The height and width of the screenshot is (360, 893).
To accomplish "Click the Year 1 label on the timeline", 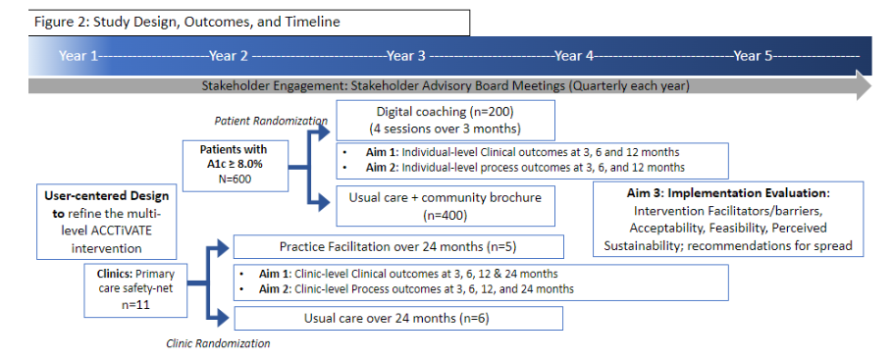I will (79, 56).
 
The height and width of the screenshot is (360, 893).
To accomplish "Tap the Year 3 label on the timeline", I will (406, 56).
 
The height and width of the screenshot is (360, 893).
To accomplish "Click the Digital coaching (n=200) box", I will (445, 120).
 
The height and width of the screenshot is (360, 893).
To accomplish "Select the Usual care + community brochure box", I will (445, 204).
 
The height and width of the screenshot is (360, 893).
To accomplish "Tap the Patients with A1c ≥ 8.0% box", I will (233, 162).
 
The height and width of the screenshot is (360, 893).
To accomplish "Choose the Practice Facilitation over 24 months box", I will (396, 247).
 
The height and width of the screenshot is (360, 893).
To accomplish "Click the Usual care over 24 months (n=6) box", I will (396, 318).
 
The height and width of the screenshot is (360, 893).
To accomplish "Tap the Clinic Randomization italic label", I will (218, 343).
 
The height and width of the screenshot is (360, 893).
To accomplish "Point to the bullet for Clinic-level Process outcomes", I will (243, 289).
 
